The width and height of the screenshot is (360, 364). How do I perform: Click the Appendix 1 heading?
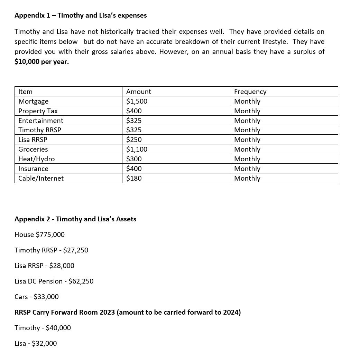[x=81, y=15]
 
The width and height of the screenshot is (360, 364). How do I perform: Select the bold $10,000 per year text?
[x=41, y=62]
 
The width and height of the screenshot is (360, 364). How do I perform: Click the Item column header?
[x=25, y=92]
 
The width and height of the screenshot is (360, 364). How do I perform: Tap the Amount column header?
[x=138, y=92]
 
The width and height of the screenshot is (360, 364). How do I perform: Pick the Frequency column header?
[x=250, y=92]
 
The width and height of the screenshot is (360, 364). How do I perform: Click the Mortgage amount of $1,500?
[x=137, y=101]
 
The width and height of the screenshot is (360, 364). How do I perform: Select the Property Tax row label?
[x=38, y=111]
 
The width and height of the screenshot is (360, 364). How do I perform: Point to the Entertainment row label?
[x=41, y=121]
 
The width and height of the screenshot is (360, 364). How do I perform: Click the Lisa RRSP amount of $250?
[x=134, y=140]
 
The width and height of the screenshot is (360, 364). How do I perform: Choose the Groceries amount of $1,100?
[x=137, y=149]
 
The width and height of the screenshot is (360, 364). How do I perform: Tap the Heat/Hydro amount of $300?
[x=134, y=159]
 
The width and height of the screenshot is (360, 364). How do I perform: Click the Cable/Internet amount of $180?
[x=134, y=178]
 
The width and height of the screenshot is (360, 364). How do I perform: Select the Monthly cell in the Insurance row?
[x=247, y=169]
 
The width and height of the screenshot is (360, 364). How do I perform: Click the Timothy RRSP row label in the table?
[x=40, y=130]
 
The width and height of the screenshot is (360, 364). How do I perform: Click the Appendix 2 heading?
[x=75, y=219]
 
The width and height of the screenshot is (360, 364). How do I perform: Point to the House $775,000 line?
[x=39, y=234]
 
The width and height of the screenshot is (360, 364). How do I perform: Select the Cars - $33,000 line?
[x=37, y=297]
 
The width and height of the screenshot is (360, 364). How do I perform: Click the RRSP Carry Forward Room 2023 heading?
[x=128, y=312]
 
